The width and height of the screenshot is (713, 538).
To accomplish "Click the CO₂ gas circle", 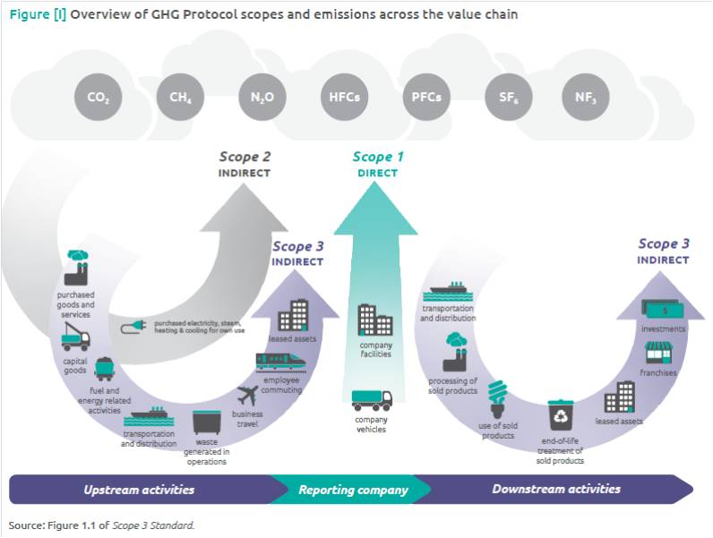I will click(x=99, y=96).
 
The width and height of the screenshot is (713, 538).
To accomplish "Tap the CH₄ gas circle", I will click(x=180, y=96).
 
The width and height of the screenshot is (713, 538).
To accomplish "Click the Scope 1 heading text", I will click(x=378, y=158).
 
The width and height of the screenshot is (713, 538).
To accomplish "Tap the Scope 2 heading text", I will click(x=245, y=158).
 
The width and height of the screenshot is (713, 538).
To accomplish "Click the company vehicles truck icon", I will click(x=371, y=401).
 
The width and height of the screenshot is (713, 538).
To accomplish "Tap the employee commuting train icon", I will click(x=282, y=362).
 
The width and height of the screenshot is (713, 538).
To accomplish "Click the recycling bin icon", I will click(x=561, y=414).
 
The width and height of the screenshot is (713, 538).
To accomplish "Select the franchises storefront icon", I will click(x=658, y=353).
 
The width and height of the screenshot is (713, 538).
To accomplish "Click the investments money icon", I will click(x=663, y=310).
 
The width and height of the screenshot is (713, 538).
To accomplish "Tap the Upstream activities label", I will click(x=139, y=490).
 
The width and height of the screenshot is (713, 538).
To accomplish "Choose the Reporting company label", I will click(x=353, y=490).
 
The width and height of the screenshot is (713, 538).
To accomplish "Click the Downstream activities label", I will click(x=556, y=490).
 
